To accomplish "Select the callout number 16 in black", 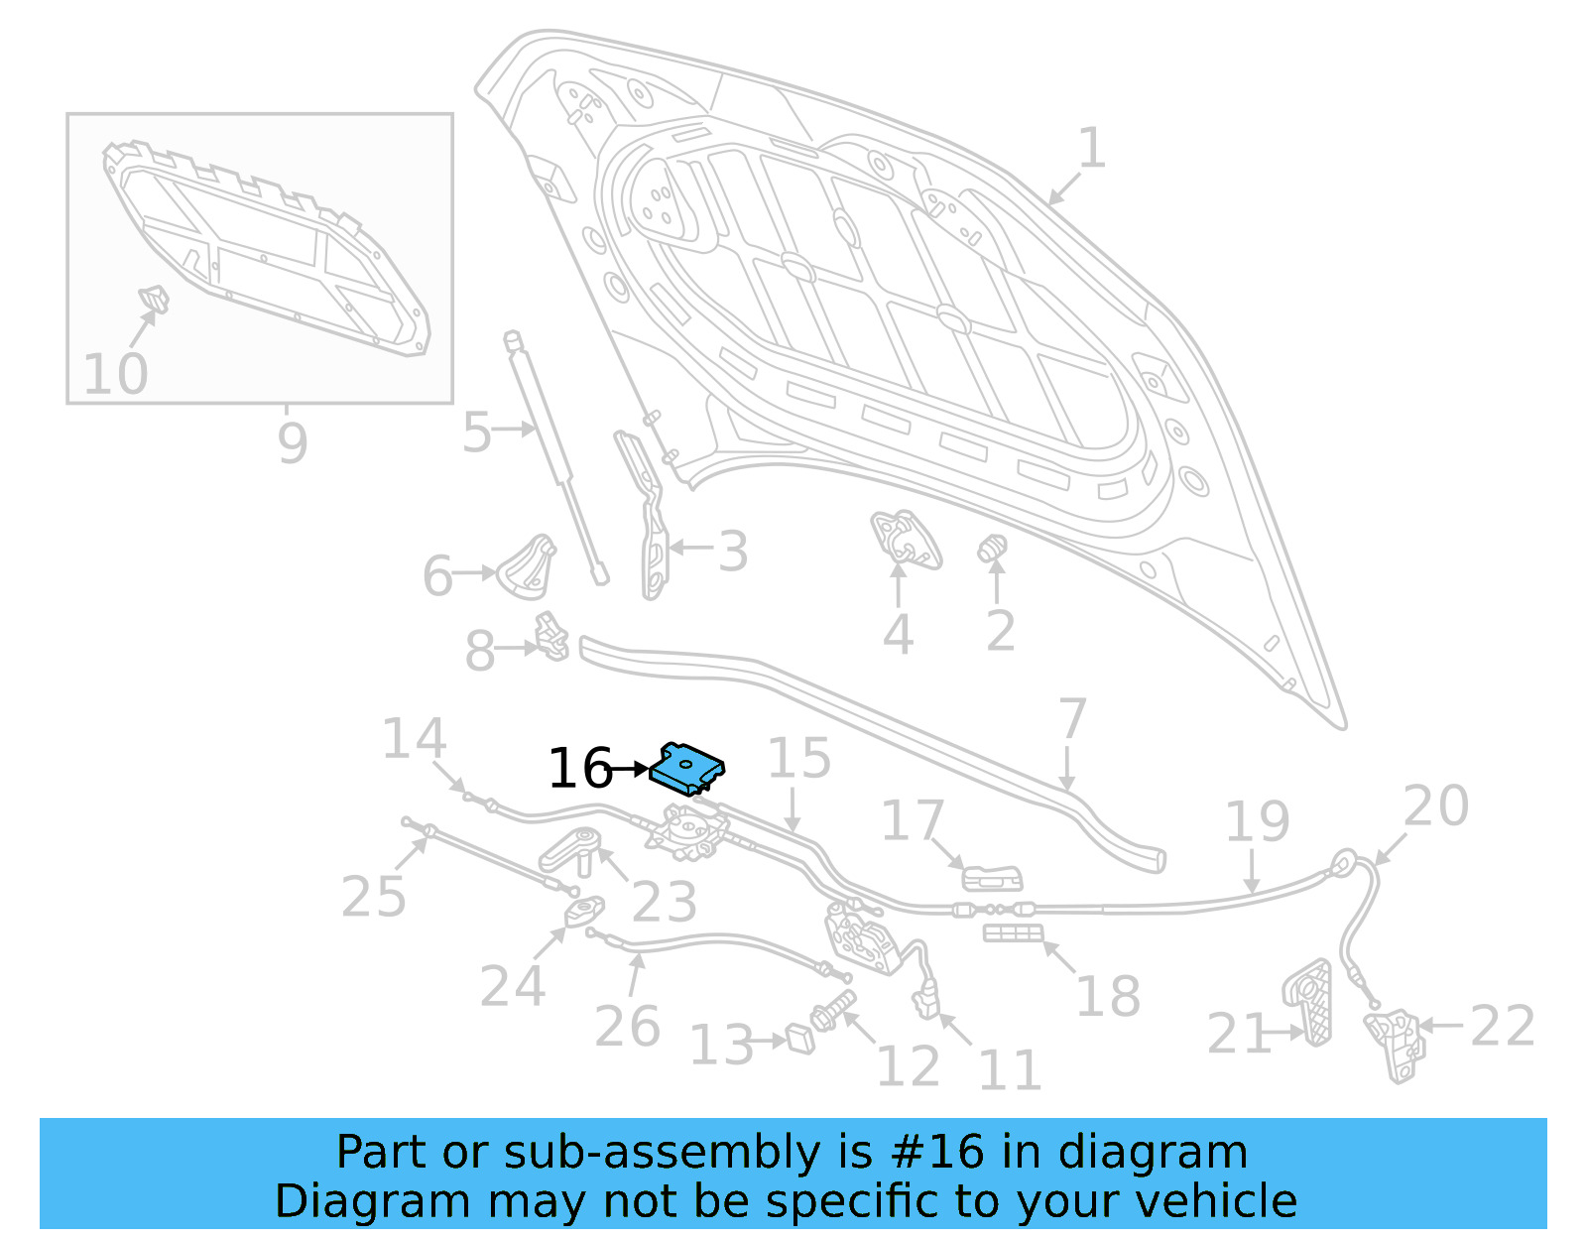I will tap(580, 769).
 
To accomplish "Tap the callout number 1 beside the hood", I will tap(1091, 149).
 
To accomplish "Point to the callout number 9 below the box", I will tap(292, 442).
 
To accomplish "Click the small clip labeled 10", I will tap(153, 297).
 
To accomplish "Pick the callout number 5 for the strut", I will tap(477, 433).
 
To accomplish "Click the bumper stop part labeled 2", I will tap(993, 548).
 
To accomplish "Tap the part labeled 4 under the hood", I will tap(905, 538).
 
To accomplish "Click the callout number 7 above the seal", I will tap(1072, 719).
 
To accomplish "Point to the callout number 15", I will tap(798, 759).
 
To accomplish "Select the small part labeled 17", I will tap(992, 878).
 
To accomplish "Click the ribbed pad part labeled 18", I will tap(1013, 932).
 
